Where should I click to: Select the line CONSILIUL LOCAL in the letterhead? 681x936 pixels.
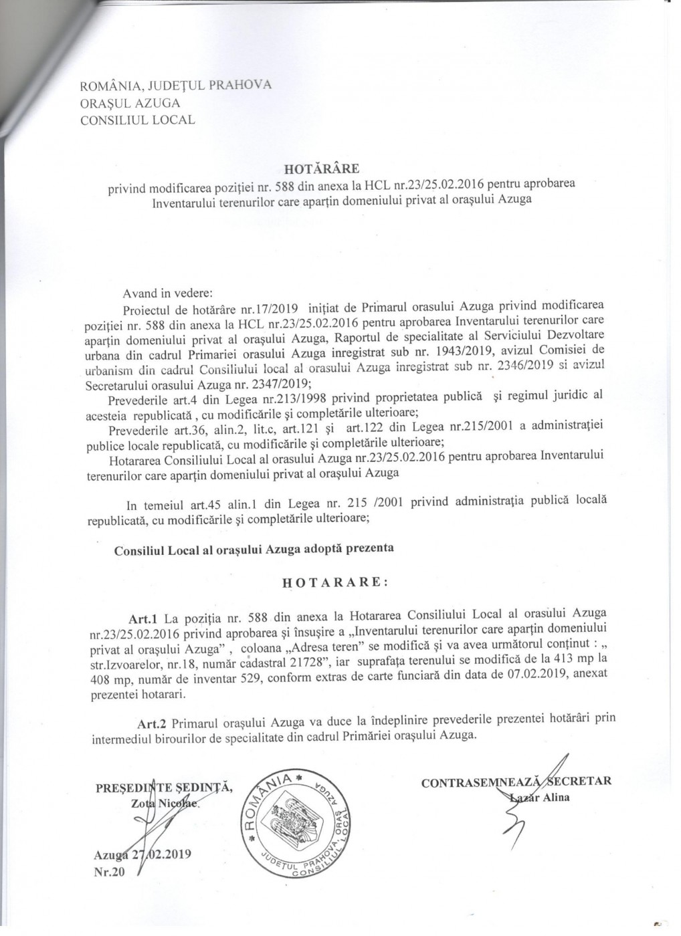[137, 120]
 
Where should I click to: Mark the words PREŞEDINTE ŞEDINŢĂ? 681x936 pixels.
[164, 787]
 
